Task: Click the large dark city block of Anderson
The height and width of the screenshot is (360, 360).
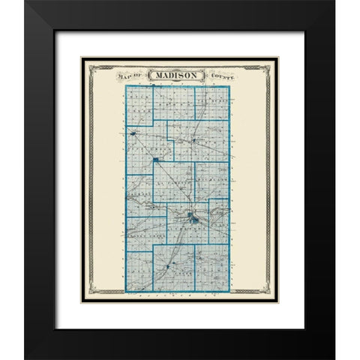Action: [x=194, y=220]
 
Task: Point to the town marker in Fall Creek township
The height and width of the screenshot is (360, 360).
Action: [x=169, y=265]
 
